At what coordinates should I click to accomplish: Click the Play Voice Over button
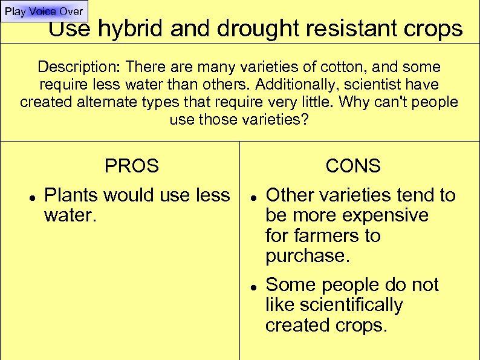click(x=44, y=11)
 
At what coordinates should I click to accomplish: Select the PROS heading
click(x=132, y=166)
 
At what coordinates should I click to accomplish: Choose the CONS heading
click(x=353, y=166)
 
